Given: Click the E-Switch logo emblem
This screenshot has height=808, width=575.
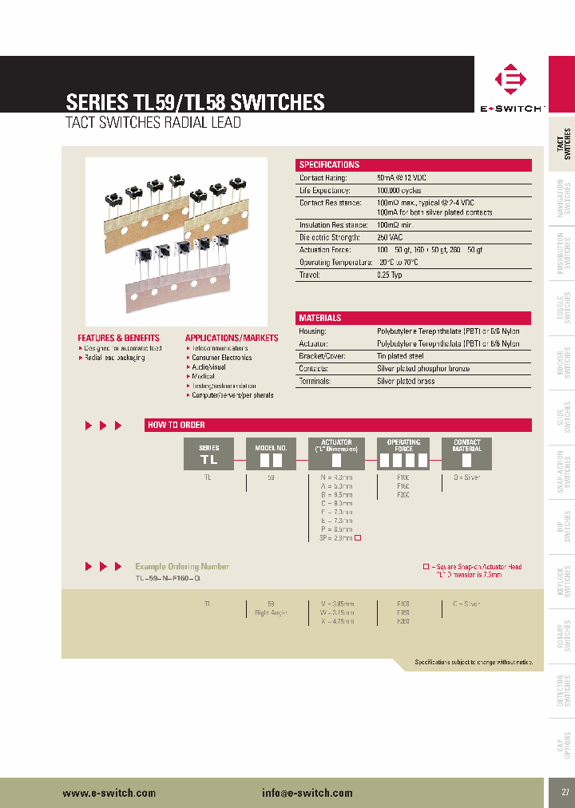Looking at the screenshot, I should (510, 81).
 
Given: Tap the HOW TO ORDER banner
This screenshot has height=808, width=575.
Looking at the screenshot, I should (338, 425).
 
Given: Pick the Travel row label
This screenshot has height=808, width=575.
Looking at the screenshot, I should (309, 275).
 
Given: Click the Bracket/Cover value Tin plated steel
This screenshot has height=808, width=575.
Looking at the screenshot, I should (400, 356).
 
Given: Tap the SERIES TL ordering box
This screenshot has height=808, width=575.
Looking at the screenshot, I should (208, 454).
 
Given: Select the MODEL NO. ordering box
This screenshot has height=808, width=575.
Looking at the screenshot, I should (270, 454).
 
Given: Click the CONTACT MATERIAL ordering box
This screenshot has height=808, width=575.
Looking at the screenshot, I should (466, 454).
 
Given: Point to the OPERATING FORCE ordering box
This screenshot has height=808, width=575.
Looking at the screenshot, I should (403, 454).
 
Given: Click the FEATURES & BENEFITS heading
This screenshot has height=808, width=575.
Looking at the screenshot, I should (118, 338).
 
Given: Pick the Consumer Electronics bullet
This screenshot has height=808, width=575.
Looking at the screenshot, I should (221, 358).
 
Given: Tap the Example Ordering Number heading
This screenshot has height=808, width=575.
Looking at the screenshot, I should (182, 545).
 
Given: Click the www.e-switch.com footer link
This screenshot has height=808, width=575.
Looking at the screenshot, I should (109, 793).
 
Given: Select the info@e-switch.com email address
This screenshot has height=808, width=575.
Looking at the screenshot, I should (307, 793).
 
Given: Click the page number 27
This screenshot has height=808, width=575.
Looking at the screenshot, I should (565, 792).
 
